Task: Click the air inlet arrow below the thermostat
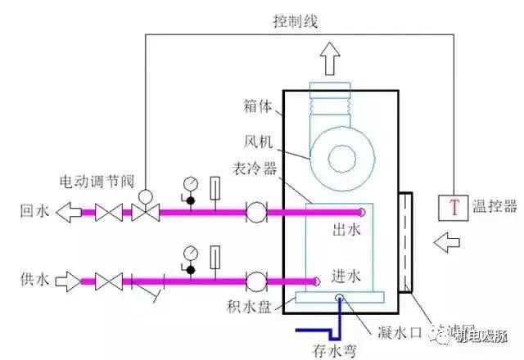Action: point(449,243)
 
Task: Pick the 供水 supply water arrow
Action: point(72,281)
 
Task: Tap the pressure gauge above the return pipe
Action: point(190,181)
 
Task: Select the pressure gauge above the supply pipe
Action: point(190,251)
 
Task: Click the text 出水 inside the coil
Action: point(345,231)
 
